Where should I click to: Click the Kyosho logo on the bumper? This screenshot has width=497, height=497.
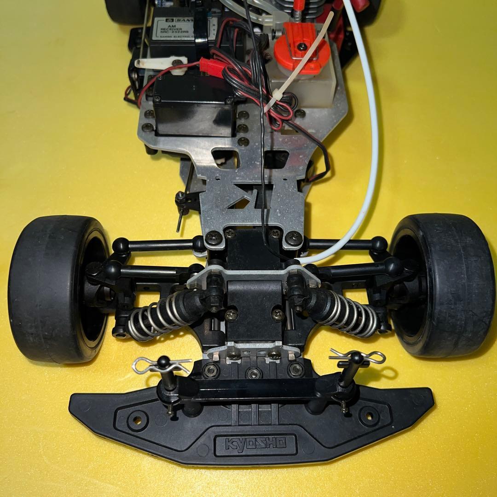pyautogui.click(x=255, y=444)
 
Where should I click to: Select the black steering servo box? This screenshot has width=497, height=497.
pyautogui.click(x=193, y=106)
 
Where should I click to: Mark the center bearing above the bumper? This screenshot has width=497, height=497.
pyautogui.click(x=253, y=372)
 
